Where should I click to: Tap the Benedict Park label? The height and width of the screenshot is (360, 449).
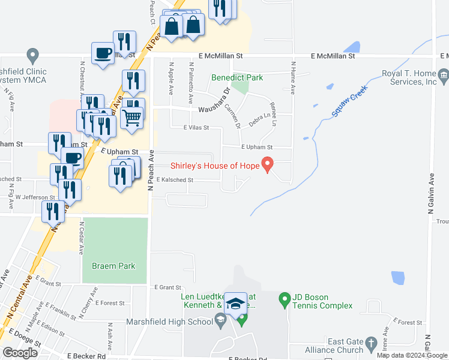237,77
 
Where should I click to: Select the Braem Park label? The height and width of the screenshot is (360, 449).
113,266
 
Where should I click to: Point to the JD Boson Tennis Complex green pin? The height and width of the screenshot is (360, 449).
285,298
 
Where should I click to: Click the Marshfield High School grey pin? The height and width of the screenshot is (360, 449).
221,318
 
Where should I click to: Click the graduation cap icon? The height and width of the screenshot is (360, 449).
236,304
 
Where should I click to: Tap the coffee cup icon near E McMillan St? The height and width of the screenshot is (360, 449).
103,53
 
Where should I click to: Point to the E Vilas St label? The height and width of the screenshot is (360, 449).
196,128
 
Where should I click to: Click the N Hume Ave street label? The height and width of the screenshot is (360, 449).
293,77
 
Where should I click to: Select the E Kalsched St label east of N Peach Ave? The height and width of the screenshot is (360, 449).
175,180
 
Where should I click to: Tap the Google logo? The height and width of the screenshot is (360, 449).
20,353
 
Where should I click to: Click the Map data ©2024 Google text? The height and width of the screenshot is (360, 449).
411,355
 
